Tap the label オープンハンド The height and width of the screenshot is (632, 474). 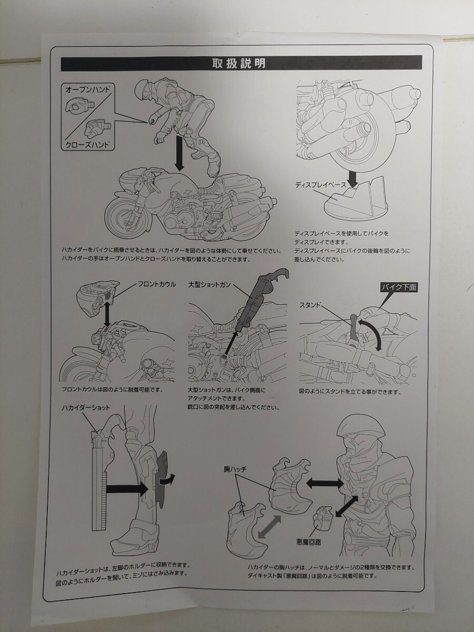[x=87, y=91]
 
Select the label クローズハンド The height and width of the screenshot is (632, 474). [x=87, y=147]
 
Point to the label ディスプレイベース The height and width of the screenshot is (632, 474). [x=321, y=185]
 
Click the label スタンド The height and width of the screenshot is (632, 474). [x=311, y=305]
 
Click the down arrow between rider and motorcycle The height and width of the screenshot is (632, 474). [x=180, y=153]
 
